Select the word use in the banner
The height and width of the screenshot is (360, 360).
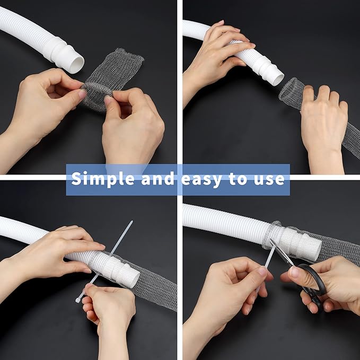click(270, 179)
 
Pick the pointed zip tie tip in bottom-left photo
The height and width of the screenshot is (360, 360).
click(130, 222)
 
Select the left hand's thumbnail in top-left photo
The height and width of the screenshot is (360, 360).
click(82, 93)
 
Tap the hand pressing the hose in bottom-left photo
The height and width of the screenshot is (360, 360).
click(58, 249)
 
